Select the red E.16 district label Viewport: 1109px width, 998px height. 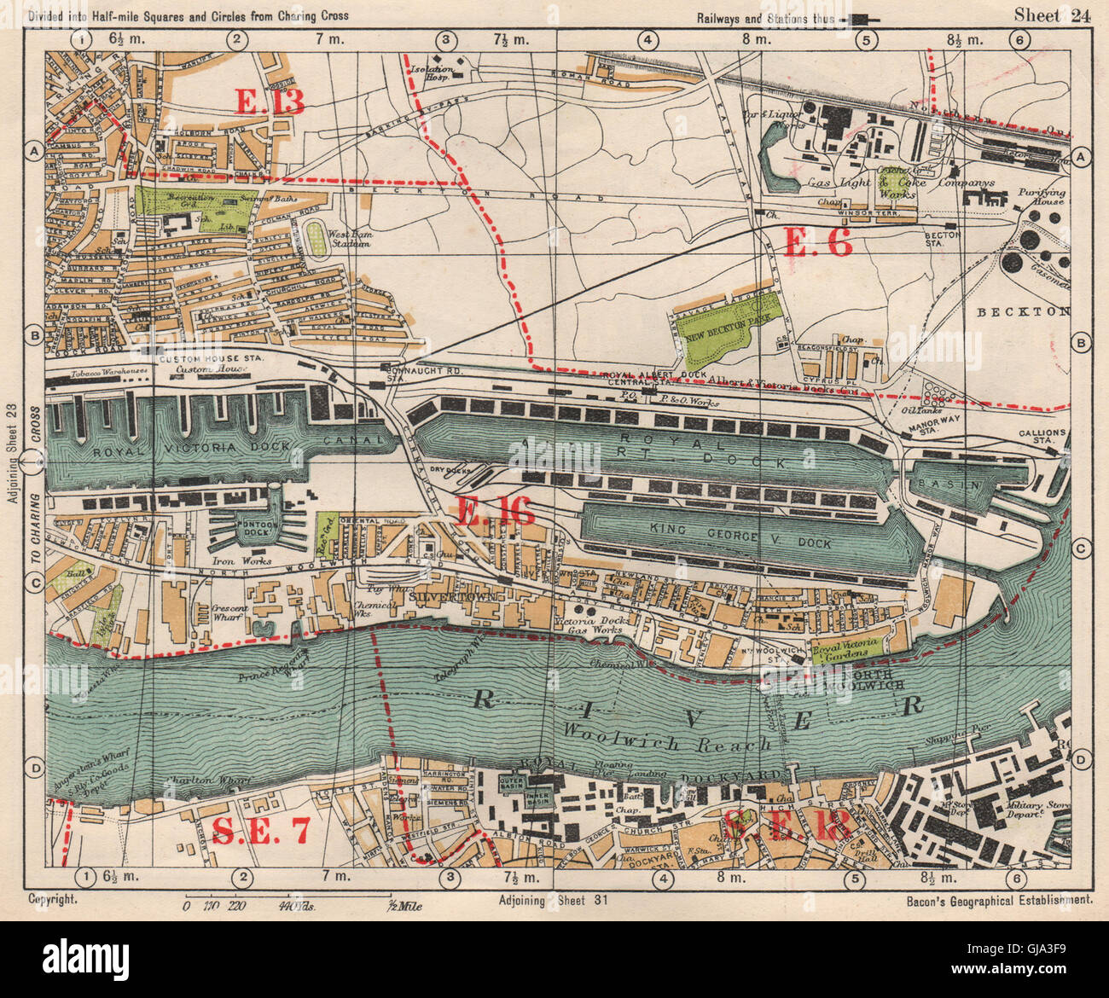(496, 511)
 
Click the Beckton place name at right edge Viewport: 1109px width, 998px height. (1035, 312)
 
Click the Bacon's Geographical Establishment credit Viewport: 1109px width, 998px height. (996, 899)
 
